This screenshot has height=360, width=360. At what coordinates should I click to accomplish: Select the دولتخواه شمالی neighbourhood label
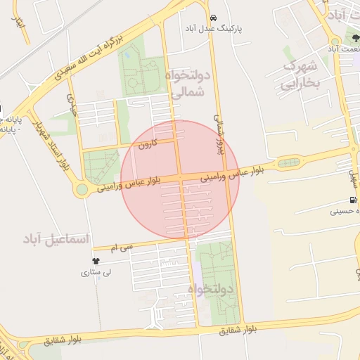point(188,82)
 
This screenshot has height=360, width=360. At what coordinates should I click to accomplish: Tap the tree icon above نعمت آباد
point(350,37)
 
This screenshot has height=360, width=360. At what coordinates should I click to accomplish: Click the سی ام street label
point(120,247)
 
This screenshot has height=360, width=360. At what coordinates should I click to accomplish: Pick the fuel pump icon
point(352,200)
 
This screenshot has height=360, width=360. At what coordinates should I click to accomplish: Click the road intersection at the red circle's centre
point(181,179)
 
